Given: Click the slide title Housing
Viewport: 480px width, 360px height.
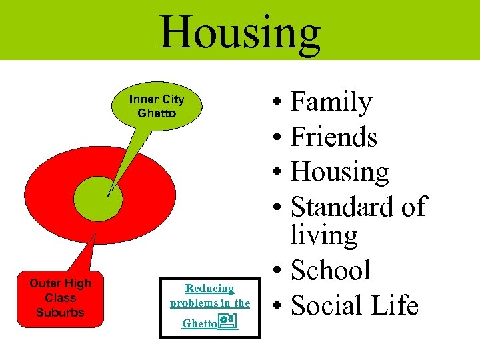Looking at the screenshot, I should (240, 31).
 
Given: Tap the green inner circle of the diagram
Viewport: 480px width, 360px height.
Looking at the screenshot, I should (98, 197).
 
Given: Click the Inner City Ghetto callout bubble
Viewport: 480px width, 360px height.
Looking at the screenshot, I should (157, 107).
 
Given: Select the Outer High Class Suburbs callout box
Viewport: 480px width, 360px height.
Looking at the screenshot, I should (60, 298).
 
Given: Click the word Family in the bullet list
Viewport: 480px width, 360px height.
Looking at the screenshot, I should (331, 103).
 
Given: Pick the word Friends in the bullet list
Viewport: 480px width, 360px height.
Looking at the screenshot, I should (334, 137).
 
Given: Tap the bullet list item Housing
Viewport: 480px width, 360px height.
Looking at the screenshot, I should (340, 173).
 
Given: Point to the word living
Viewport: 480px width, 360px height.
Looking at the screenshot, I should (324, 235).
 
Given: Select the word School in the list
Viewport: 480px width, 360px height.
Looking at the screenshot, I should (331, 270).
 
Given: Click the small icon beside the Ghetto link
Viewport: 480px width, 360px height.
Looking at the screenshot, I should (228, 323).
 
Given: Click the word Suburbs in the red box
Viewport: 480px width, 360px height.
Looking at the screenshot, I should (60, 312).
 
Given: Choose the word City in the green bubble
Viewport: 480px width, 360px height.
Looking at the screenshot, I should (173, 99).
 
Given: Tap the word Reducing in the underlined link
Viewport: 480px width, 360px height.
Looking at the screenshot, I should (209, 289).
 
